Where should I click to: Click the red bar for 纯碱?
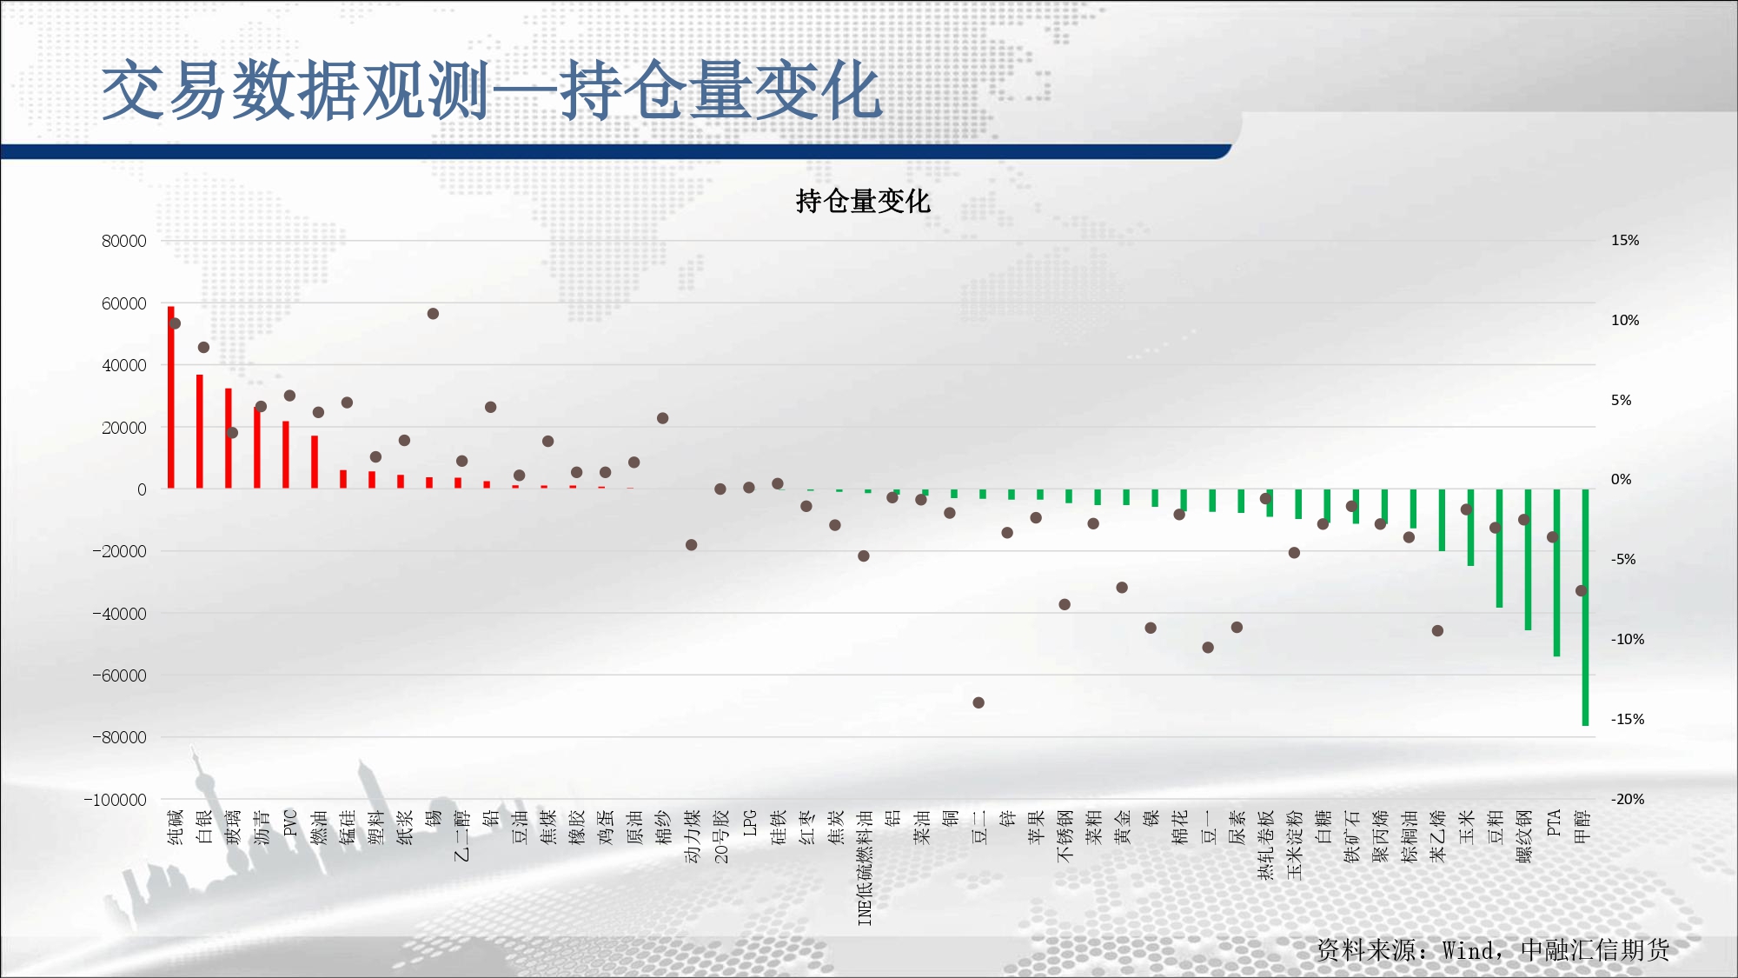(171, 397)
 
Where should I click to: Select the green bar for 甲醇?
(1585, 607)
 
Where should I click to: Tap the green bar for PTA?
(1556, 572)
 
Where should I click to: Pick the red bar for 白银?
(200, 431)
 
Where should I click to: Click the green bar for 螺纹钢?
(1528, 559)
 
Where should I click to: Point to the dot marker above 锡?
(433, 314)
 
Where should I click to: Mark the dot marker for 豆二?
(978, 702)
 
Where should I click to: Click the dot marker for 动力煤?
(692, 545)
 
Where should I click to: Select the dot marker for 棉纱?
(663, 418)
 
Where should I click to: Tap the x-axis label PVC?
(290, 822)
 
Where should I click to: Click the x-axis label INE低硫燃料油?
(865, 868)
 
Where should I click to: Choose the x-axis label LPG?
(750, 822)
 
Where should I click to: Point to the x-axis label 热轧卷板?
(1266, 844)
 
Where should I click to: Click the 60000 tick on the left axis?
(124, 303)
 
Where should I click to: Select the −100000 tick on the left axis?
(116, 800)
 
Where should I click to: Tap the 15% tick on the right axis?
(1625, 241)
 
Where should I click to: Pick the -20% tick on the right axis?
(1628, 799)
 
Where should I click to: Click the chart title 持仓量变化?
(863, 202)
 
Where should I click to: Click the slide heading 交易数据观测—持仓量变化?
(492, 90)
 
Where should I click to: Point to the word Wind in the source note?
(1469, 950)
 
